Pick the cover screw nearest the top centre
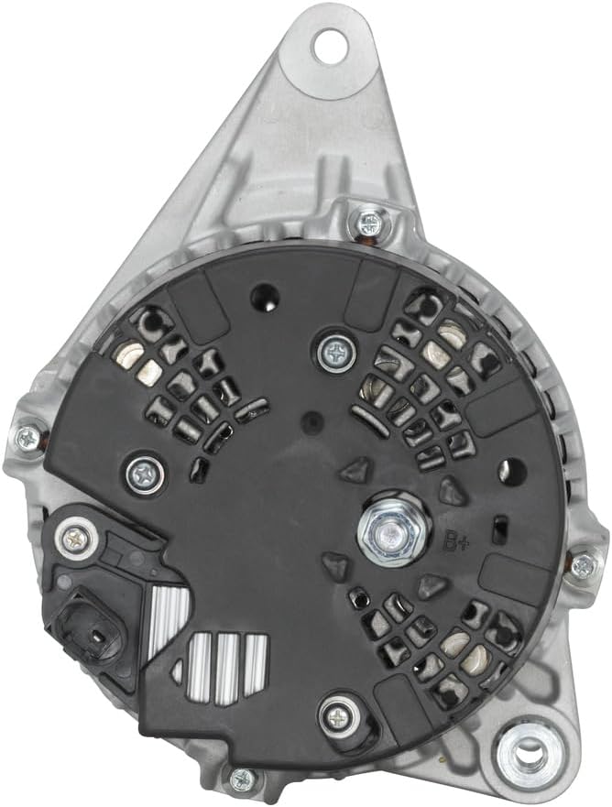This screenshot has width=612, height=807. [338, 352]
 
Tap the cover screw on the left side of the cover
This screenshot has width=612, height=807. [146, 474]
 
